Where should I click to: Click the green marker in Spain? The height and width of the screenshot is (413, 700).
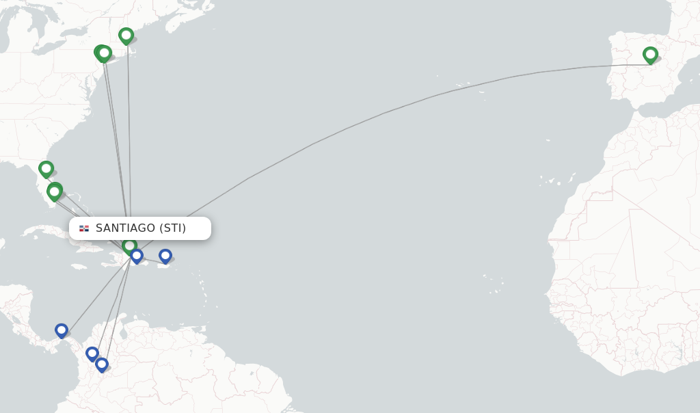pyautogui.click(x=650, y=54)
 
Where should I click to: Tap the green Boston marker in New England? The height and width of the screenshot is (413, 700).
pyautogui.click(x=126, y=35)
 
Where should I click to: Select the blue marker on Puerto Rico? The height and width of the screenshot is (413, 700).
pyautogui.click(x=165, y=256)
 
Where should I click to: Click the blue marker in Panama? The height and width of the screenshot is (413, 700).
pyautogui.click(x=62, y=330)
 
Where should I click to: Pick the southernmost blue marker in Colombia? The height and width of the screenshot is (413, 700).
pyautogui.click(x=102, y=364)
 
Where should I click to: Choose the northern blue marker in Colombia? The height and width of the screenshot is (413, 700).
pyautogui.click(x=92, y=353)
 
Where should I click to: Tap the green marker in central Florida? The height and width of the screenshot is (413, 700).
pyautogui.click(x=46, y=168)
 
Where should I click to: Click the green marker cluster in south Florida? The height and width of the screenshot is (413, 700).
pyautogui.click(x=55, y=191)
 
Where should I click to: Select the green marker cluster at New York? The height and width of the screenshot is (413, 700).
pyautogui.click(x=103, y=53)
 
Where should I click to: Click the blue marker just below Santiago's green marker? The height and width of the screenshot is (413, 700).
pyautogui.click(x=137, y=256)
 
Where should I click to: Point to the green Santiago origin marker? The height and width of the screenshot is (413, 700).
pyautogui.click(x=129, y=245)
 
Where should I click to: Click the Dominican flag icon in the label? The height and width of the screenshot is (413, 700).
pyautogui.click(x=84, y=228)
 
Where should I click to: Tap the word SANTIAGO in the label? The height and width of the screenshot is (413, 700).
pyautogui.click(x=125, y=228)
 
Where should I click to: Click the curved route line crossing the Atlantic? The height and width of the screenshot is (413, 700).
pyautogui.click(x=383, y=113)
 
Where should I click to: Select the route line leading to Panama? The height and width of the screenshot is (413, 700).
pyautogui.click(x=96, y=294)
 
